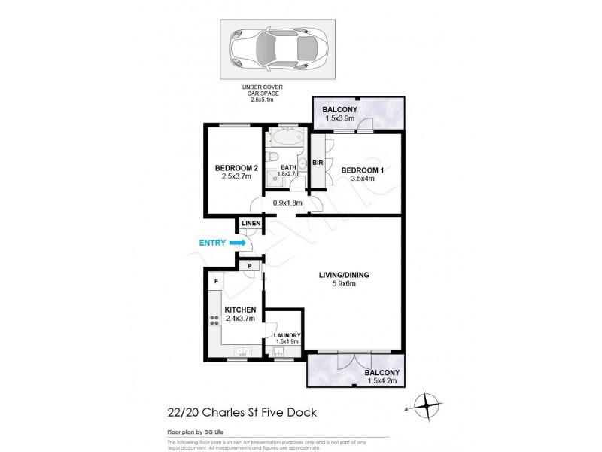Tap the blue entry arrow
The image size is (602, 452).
(x=239, y=243)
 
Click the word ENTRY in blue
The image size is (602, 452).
(x=213, y=243)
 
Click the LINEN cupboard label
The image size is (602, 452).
(x=251, y=223)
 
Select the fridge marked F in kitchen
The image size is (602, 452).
(x=216, y=281)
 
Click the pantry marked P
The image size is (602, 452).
(x=248, y=266)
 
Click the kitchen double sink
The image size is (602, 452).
(x=242, y=352)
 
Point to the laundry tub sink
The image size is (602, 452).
(x=284, y=352)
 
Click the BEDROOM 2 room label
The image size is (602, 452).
(x=236, y=167)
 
